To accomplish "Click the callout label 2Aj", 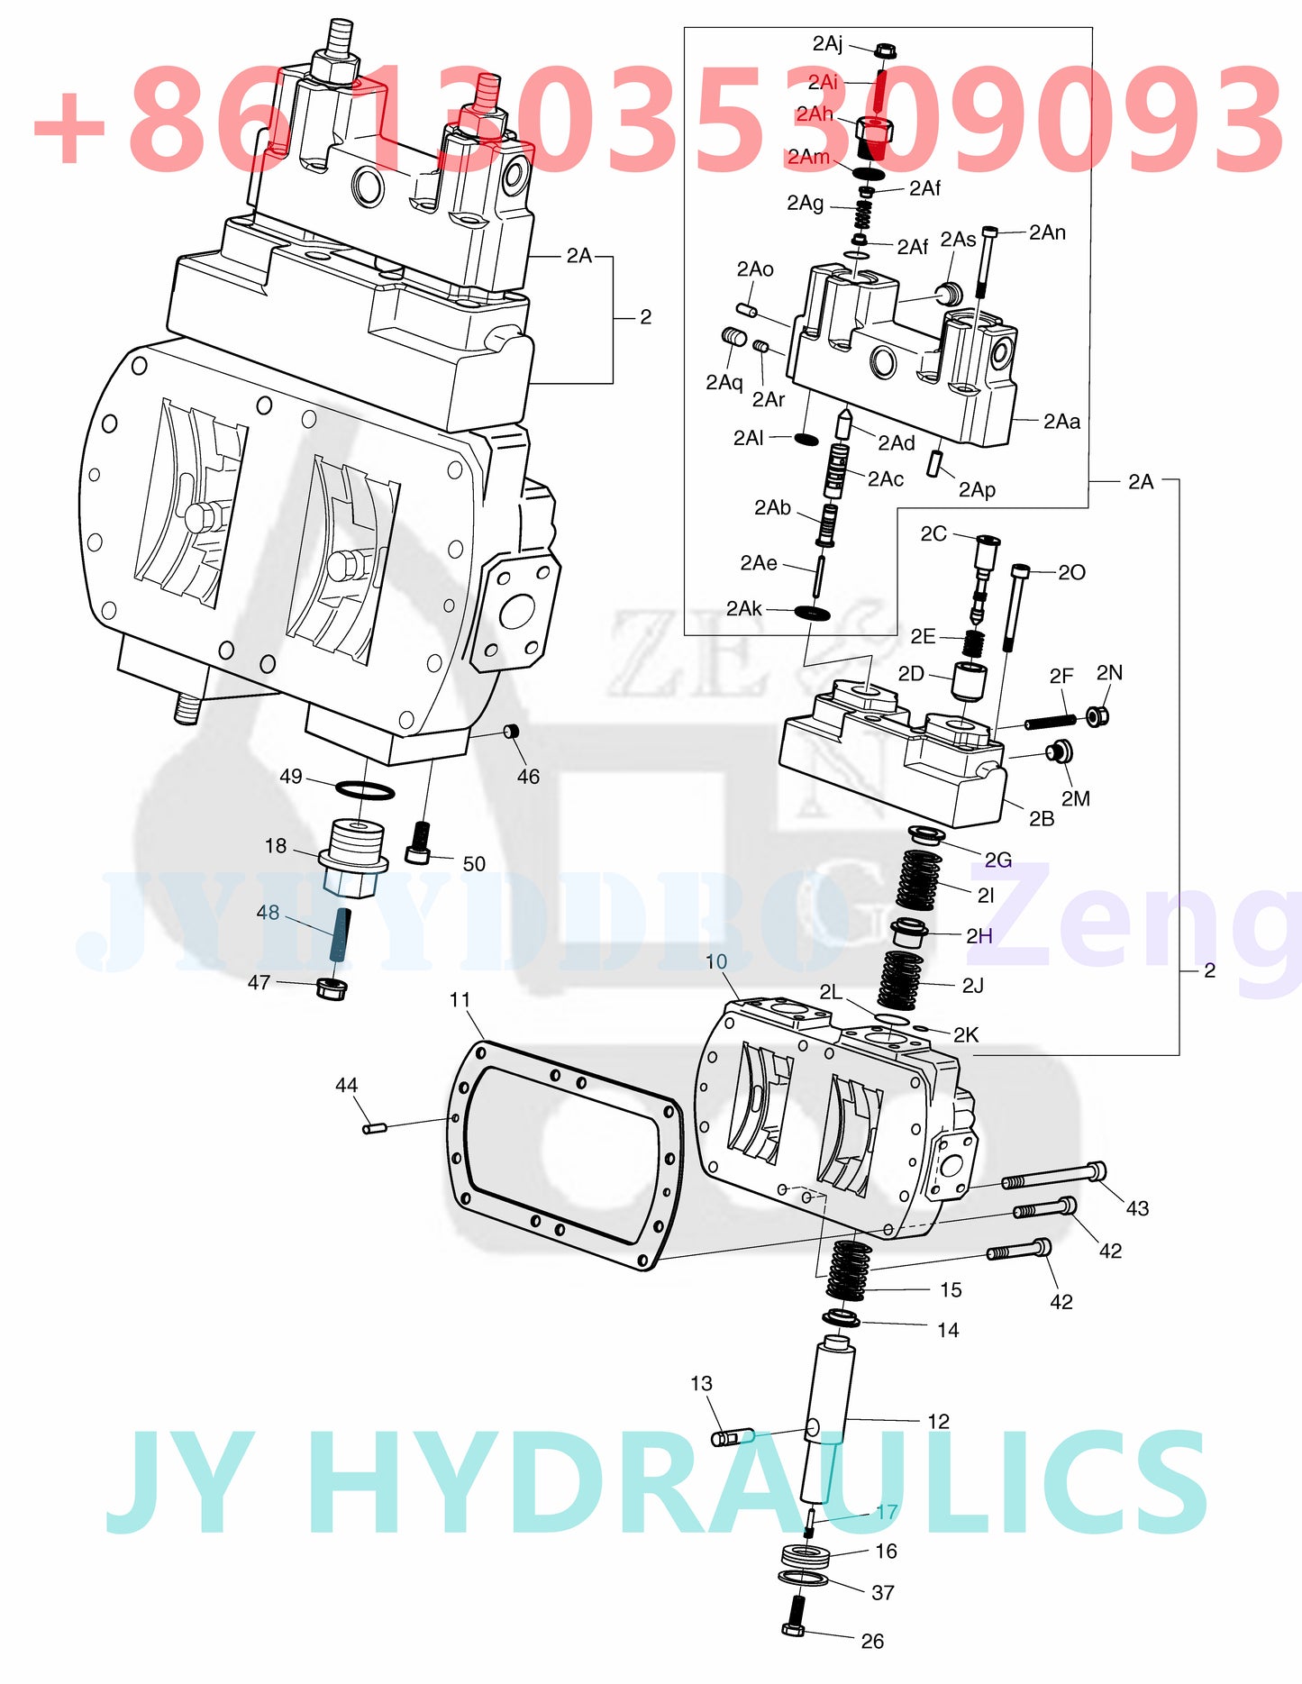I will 827,43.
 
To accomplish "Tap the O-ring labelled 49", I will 365,791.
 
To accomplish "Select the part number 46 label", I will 528,776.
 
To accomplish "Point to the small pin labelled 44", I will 374,1127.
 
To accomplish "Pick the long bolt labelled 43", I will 1054,1176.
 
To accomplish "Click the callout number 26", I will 872,1641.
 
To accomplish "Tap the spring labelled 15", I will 848,1269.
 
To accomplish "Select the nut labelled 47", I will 332,988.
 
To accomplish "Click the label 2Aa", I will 1061,421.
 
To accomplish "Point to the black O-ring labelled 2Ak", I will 813,613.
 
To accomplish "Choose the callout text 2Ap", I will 977,489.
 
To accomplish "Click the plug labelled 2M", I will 1058,751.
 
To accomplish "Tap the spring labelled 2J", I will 900,979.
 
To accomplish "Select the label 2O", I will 1071,572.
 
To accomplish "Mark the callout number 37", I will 883,1592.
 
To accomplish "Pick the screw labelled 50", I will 419,842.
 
